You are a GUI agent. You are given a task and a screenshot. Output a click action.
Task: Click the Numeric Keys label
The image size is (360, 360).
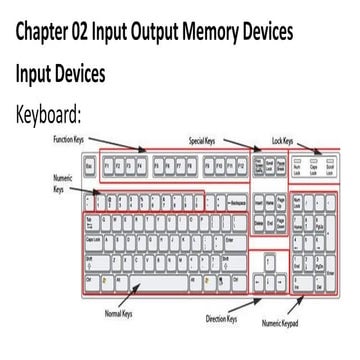62,180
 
